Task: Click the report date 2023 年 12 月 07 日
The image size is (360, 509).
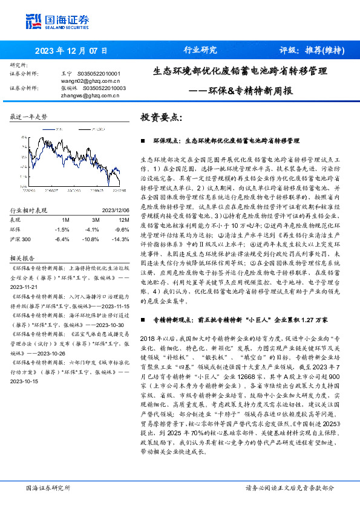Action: [71, 50]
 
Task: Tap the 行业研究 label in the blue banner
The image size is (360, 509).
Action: [200, 50]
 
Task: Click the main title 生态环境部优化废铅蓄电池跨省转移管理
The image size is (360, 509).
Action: [240, 71]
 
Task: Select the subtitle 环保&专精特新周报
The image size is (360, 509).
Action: [254, 91]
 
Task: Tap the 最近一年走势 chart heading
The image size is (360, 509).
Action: [29, 116]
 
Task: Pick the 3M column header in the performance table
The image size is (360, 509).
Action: [95, 219]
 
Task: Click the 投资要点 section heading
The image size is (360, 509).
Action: [161, 117]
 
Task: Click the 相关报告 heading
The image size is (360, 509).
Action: [23, 256]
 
